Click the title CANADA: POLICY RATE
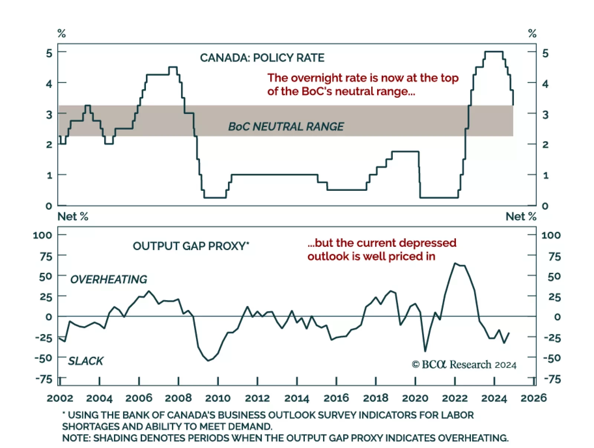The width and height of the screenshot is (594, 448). pyautogui.click(x=262, y=58)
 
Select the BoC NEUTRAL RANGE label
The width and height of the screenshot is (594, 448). pyautogui.click(x=286, y=127)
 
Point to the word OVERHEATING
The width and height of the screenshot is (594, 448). pyautogui.click(x=109, y=279)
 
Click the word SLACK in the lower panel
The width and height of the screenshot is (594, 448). pyautogui.click(x=86, y=361)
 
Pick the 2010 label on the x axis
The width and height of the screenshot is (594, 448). pyautogui.click(x=218, y=398)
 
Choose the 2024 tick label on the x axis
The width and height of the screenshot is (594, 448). pyautogui.click(x=494, y=398)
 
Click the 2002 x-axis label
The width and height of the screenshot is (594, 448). pyautogui.click(x=60, y=398)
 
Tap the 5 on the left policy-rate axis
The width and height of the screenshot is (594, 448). pyautogui.click(x=49, y=53)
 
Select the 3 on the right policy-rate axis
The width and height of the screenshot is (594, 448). pyautogui.click(x=545, y=115)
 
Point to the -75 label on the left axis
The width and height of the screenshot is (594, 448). pyautogui.click(x=44, y=379)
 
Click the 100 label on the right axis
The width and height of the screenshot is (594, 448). pyautogui.click(x=551, y=235)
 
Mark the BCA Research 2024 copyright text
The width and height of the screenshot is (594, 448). pyautogui.click(x=464, y=365)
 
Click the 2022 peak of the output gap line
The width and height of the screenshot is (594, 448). pyautogui.click(x=455, y=264)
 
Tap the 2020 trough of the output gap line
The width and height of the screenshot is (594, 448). pyautogui.click(x=425, y=351)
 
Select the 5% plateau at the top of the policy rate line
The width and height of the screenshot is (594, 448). pyautogui.click(x=494, y=52)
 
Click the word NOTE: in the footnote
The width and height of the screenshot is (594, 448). pyautogui.click(x=76, y=438)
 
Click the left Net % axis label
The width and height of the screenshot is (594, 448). pyautogui.click(x=73, y=216)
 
